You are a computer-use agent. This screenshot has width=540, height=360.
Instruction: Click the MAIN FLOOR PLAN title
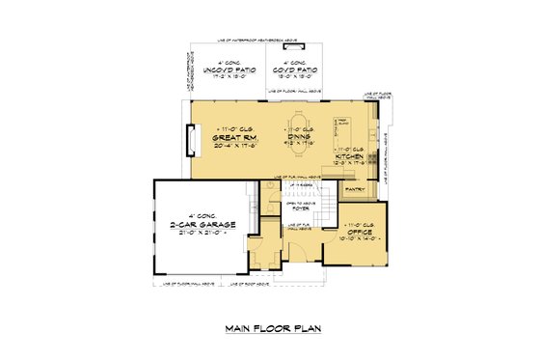tap(271, 328)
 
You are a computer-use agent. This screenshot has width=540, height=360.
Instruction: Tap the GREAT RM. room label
tap(233, 137)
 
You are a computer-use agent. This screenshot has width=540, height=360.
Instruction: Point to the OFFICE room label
tap(358, 233)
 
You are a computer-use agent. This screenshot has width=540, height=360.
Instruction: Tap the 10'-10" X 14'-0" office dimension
tap(358, 240)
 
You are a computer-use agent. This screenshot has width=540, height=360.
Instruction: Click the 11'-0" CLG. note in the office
tap(358, 225)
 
